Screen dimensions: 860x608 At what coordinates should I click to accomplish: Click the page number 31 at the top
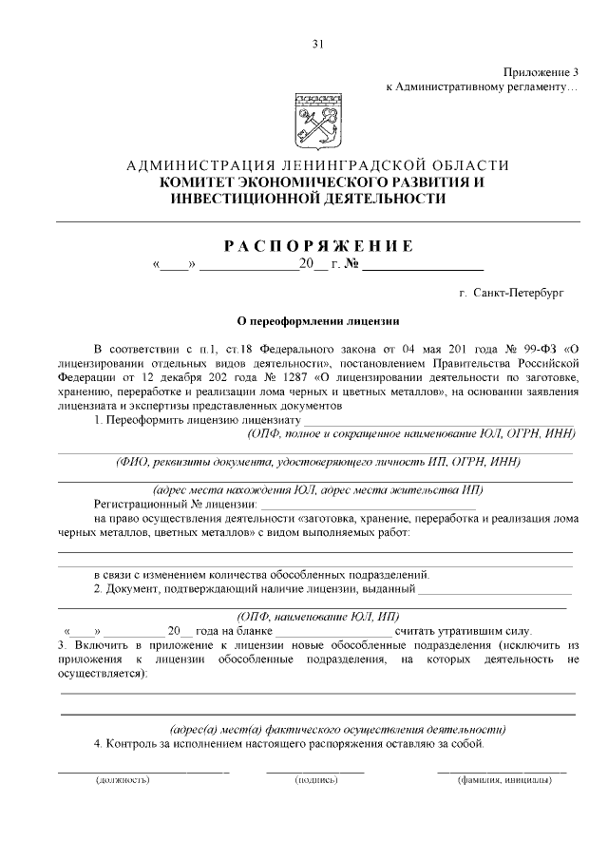[317, 43]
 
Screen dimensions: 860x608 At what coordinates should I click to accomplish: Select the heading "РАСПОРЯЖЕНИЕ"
[317, 246]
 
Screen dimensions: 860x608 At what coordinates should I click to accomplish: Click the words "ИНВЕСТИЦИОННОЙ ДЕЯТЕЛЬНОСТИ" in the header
[307, 199]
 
